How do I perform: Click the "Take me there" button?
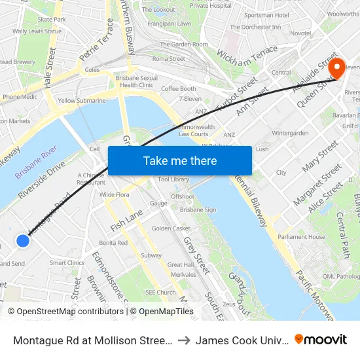(180, 160)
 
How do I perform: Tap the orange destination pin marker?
(338, 68)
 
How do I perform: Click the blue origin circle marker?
(23, 241)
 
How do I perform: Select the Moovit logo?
(321, 339)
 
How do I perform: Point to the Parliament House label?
(300, 237)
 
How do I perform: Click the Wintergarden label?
(290, 133)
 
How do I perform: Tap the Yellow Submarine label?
(82, 101)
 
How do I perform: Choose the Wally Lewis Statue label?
(37, 31)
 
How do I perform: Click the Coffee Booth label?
(179, 89)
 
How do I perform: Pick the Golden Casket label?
(171, 228)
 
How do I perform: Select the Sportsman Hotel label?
(266, 14)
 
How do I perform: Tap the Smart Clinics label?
(67, 263)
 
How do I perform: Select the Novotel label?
(300, 33)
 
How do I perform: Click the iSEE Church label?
(160, 293)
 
